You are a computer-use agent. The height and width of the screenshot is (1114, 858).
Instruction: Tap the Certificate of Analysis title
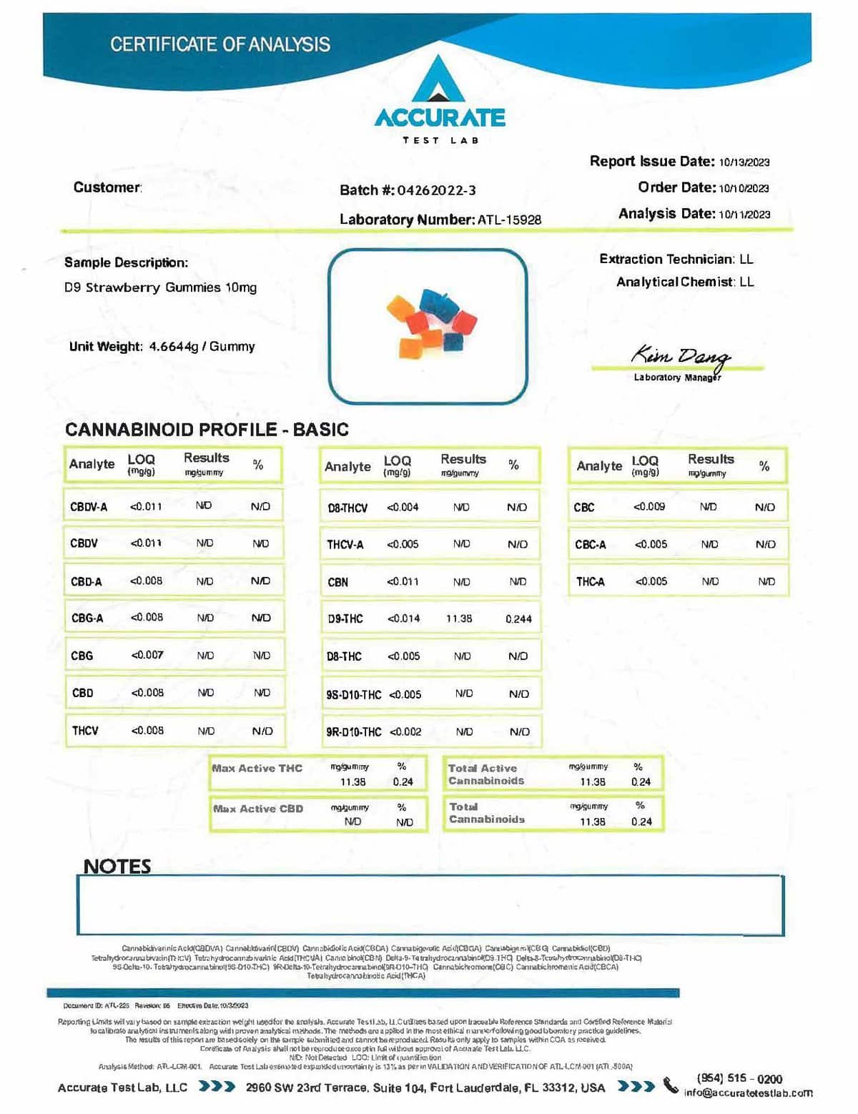pos(220,44)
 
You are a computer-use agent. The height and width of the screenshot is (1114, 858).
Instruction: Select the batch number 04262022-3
pos(436,190)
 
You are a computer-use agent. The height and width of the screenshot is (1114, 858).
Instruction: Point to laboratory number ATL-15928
pos(509,220)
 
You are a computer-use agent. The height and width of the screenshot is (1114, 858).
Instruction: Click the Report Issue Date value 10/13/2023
pos(744,162)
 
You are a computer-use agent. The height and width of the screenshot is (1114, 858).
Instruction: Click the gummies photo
pos(428,325)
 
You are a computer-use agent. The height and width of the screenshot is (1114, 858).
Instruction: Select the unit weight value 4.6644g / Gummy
pos(202,347)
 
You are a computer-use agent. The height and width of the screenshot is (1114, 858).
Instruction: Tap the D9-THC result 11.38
pos(458,618)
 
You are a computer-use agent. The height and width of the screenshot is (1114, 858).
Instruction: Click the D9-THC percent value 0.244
pos(518,619)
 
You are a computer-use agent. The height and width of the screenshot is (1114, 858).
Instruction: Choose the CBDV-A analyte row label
pos(89,507)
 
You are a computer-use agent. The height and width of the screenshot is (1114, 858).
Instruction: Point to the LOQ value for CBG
pos(147,655)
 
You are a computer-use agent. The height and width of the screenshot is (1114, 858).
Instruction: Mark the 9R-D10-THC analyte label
pos(353,732)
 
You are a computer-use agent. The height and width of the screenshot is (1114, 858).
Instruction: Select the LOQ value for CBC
pos(649,507)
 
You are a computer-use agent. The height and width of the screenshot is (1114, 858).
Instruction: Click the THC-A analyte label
pos(590,582)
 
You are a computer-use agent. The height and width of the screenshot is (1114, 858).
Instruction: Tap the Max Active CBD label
pos(258,809)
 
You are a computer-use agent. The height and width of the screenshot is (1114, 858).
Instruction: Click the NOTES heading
pos(117,867)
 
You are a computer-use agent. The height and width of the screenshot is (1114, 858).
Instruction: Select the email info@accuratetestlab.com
pos(748,1093)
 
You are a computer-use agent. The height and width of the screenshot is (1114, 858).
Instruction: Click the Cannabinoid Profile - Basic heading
pos(207,430)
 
